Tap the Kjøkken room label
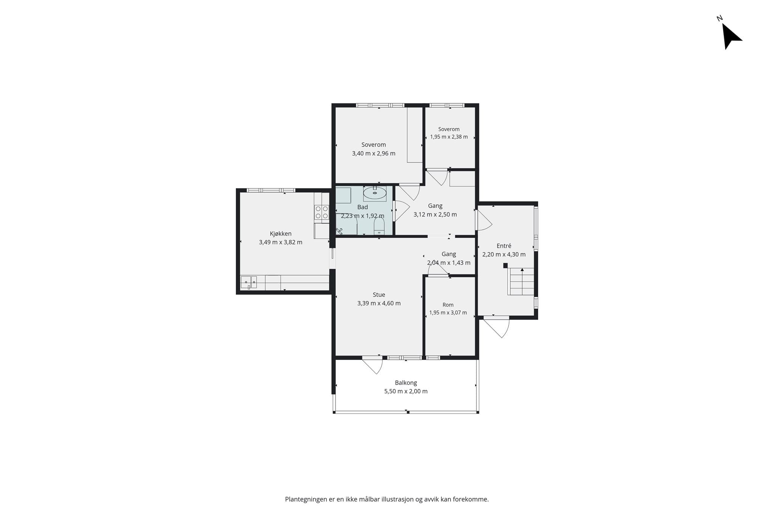(x=280, y=234)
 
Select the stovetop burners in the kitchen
(x=322, y=212)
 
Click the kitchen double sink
(x=249, y=282)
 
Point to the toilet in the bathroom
(x=379, y=226)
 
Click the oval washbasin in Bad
(x=375, y=193)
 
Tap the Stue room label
(x=379, y=294)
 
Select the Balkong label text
(x=406, y=383)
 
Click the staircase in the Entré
(x=521, y=281)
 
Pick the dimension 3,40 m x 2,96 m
(x=373, y=153)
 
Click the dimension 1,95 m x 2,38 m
(x=449, y=137)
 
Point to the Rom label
(x=448, y=305)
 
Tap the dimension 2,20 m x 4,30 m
(x=504, y=254)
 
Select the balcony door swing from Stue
(x=373, y=365)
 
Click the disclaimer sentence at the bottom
(x=387, y=499)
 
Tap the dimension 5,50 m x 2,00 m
(x=406, y=391)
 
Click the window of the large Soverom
(x=380, y=105)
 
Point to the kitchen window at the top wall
(x=271, y=190)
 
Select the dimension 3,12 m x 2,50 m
(x=435, y=215)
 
